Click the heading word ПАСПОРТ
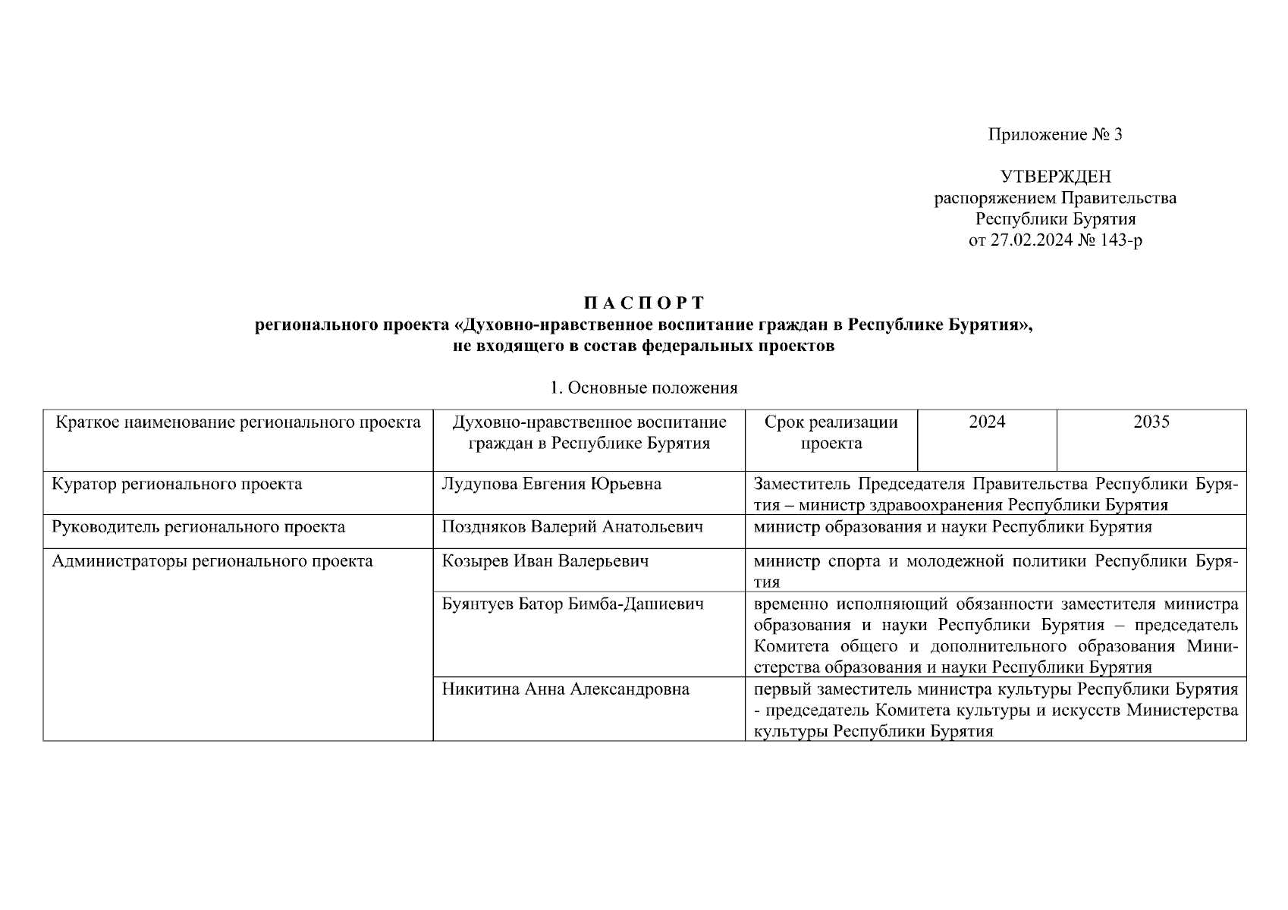(x=644, y=303)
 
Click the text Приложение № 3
(x=1054, y=135)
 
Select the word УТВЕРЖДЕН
(x=1055, y=177)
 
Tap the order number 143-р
(x=1120, y=241)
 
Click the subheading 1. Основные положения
(x=644, y=388)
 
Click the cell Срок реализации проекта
(x=831, y=433)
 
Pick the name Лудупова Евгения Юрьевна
(x=551, y=484)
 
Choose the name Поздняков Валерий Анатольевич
(x=572, y=526)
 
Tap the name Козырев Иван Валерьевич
(x=545, y=561)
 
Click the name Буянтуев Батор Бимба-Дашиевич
(x=573, y=604)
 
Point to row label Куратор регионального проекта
(x=177, y=484)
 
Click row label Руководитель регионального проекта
(x=198, y=526)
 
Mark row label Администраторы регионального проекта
(x=212, y=561)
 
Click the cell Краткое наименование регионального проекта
(x=238, y=422)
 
